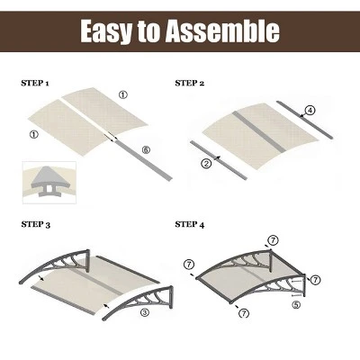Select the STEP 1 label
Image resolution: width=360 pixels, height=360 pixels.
(x=35, y=84)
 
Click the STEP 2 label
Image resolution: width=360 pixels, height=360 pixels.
(x=189, y=84)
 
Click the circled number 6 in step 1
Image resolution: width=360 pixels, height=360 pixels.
(x=146, y=148)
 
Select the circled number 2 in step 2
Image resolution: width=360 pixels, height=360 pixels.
(x=206, y=163)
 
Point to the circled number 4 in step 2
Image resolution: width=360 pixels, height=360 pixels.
(x=310, y=111)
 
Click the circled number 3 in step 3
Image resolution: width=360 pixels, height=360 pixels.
(x=146, y=313)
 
